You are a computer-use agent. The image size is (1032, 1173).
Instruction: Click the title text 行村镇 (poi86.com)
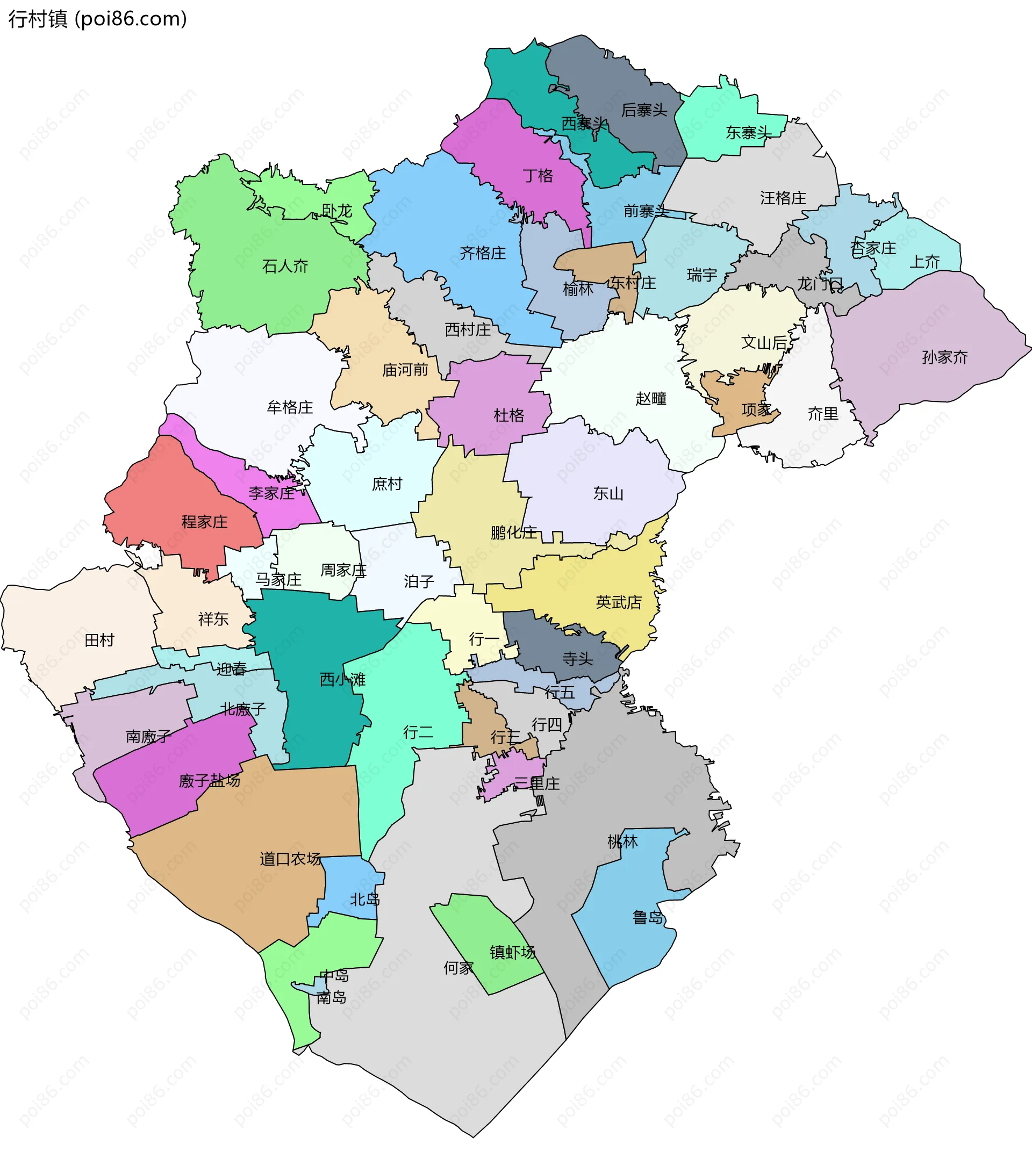click(x=98, y=19)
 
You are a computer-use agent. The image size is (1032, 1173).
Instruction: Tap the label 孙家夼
click(x=944, y=357)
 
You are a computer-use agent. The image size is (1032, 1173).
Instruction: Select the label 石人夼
click(x=285, y=267)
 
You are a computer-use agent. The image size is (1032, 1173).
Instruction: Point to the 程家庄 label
click(x=204, y=522)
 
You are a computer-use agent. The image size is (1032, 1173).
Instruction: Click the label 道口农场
click(x=290, y=859)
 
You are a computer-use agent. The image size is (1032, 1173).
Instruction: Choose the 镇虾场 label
click(x=512, y=953)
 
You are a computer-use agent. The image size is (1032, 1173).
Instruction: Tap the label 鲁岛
click(x=648, y=918)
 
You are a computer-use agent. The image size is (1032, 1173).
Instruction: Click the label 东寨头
click(x=748, y=133)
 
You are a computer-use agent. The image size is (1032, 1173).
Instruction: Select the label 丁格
click(x=538, y=176)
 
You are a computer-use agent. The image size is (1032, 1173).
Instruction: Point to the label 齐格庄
click(x=483, y=253)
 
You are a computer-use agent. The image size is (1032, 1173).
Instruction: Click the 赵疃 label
click(x=651, y=398)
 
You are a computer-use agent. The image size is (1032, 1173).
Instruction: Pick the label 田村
click(x=99, y=640)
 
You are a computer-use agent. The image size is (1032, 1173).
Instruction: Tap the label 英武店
click(x=618, y=602)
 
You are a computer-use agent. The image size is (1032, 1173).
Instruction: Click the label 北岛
click(x=365, y=899)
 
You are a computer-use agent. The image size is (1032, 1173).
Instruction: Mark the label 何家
click(x=458, y=968)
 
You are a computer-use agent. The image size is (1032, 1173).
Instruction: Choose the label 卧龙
click(x=337, y=211)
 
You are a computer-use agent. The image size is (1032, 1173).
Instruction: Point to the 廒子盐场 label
click(x=210, y=780)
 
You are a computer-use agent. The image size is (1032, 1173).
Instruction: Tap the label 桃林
click(x=622, y=842)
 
